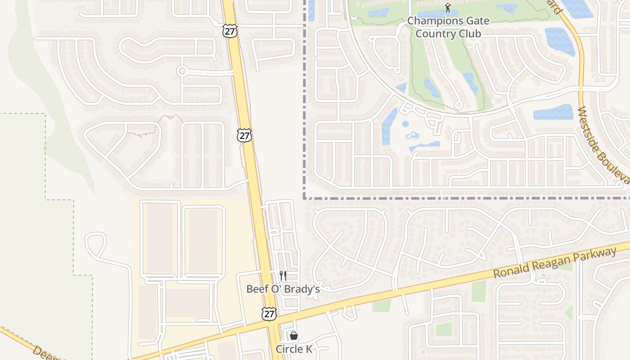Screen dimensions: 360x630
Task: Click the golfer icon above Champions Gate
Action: [x=447, y=8]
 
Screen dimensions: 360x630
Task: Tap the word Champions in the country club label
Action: [x=429, y=21]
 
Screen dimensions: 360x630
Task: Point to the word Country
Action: [x=432, y=34]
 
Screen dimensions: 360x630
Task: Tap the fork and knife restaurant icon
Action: [x=283, y=275]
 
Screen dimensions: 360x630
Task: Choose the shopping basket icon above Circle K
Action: [x=294, y=336]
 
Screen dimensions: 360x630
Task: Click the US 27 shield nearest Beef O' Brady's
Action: [x=269, y=314]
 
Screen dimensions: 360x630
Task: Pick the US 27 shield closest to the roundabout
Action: [x=229, y=31]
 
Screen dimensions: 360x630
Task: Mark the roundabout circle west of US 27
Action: [x=182, y=71]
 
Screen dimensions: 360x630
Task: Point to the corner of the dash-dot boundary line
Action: [x=305, y=198]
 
